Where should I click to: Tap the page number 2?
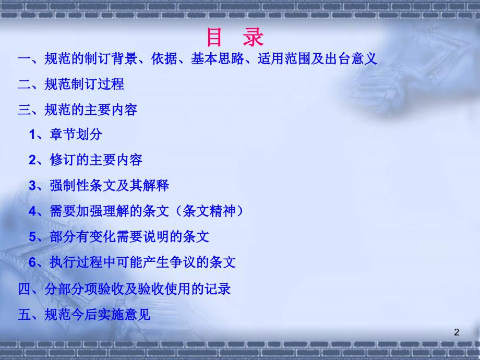point(457,332)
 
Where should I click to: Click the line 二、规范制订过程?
point(71,84)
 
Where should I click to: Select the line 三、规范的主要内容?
point(78,110)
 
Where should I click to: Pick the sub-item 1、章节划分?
point(66,134)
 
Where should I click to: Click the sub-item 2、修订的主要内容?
point(86,160)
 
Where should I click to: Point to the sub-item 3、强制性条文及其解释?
point(99,185)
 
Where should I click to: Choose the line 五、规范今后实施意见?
point(84,315)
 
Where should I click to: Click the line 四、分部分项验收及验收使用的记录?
point(124,289)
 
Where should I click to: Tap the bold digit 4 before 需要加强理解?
point(32,211)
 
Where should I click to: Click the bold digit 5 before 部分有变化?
point(32,237)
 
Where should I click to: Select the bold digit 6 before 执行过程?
point(32,262)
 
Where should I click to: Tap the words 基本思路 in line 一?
point(218,58)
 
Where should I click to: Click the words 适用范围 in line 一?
point(284,58)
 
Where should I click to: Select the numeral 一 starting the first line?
point(24,58)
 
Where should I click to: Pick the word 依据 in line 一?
point(164,58)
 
